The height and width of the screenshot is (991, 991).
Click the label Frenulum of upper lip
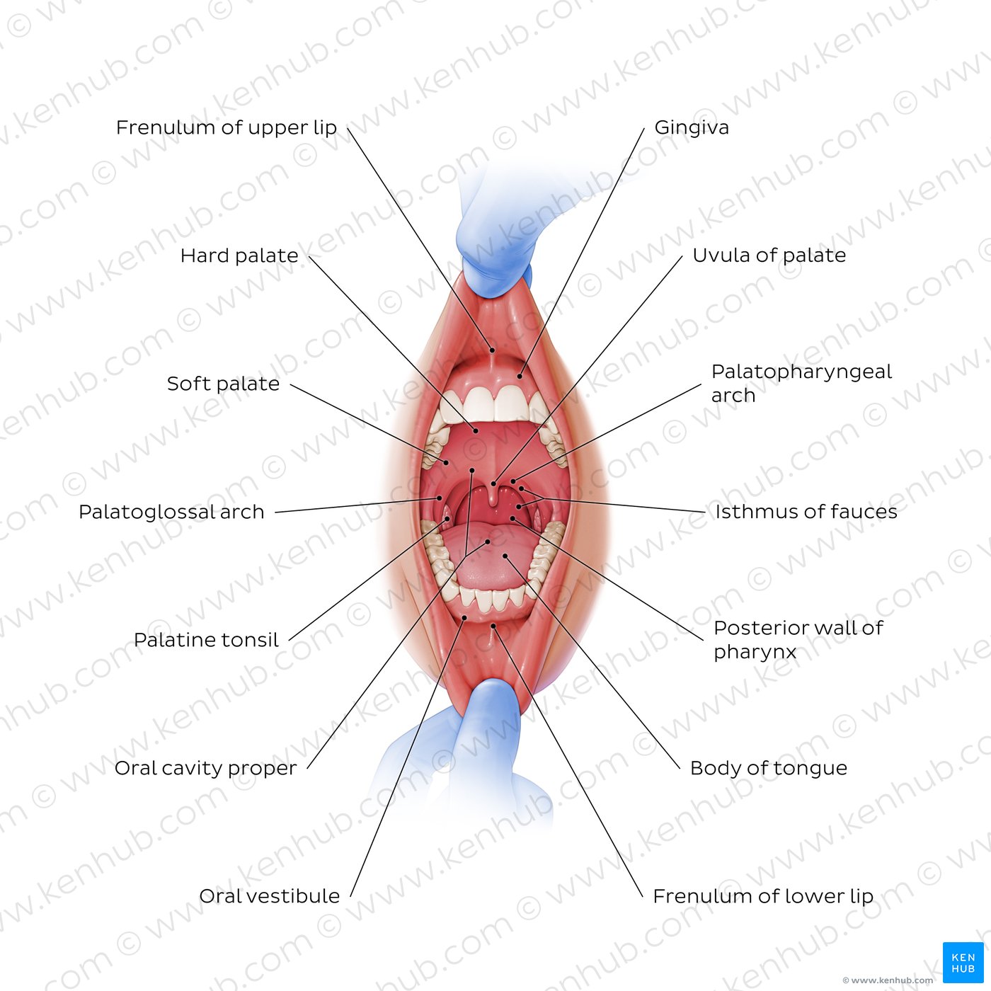(x=227, y=127)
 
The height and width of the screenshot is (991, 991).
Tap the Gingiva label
(x=691, y=127)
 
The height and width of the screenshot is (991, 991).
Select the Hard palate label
(x=239, y=256)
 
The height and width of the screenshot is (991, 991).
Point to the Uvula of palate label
(x=769, y=255)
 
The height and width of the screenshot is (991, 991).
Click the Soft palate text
(x=223, y=384)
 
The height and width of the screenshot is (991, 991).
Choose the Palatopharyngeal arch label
(x=801, y=383)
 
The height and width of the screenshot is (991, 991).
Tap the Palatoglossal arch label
(x=171, y=512)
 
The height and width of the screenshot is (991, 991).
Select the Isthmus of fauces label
(x=806, y=512)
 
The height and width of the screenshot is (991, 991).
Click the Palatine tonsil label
(x=206, y=640)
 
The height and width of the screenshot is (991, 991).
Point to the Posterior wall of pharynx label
(x=798, y=640)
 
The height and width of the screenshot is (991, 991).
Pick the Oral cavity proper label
(x=206, y=768)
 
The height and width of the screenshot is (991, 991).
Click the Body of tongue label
(x=768, y=768)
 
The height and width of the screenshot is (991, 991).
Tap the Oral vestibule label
(x=270, y=896)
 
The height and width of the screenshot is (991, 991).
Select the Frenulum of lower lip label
(x=763, y=896)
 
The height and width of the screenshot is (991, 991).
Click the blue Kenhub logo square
(x=963, y=962)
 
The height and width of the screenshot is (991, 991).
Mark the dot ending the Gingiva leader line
(x=520, y=376)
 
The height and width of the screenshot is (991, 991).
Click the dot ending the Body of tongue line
(x=505, y=556)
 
